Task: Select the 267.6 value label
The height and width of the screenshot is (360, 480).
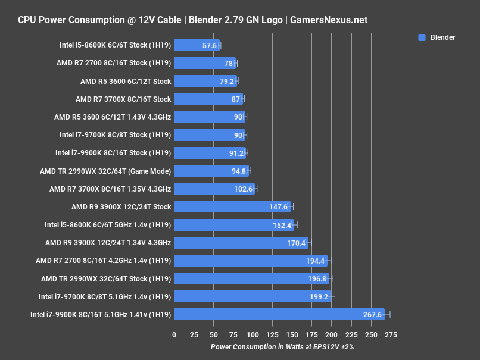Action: pyautogui.click(x=373, y=315)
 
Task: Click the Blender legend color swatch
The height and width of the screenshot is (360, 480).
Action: pyautogui.click(x=422, y=37)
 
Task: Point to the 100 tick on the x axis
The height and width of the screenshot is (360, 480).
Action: pyautogui.click(x=253, y=334)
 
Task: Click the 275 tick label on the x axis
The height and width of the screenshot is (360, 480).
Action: pyautogui.click(x=391, y=334)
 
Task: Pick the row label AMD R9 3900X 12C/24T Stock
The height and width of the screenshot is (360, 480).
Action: pyautogui.click(x=121, y=207)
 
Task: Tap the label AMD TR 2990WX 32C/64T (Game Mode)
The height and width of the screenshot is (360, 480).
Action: pyautogui.click(x=105, y=171)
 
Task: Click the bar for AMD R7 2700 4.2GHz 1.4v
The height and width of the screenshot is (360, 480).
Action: pyautogui.click(x=250, y=261)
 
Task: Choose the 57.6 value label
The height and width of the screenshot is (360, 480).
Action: pyautogui.click(x=210, y=45)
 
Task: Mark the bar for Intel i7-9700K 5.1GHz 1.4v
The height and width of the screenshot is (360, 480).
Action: pyautogui.click(x=253, y=297)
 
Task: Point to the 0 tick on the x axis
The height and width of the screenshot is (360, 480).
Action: pyautogui.click(x=174, y=334)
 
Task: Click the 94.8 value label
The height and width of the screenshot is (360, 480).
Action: pyautogui.click(x=240, y=171)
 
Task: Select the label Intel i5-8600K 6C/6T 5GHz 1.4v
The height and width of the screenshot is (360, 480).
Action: pyautogui.click(x=108, y=225)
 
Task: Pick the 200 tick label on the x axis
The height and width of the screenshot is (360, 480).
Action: pyautogui.click(x=332, y=334)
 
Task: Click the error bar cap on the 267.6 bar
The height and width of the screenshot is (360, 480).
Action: pyautogui.click(x=390, y=315)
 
